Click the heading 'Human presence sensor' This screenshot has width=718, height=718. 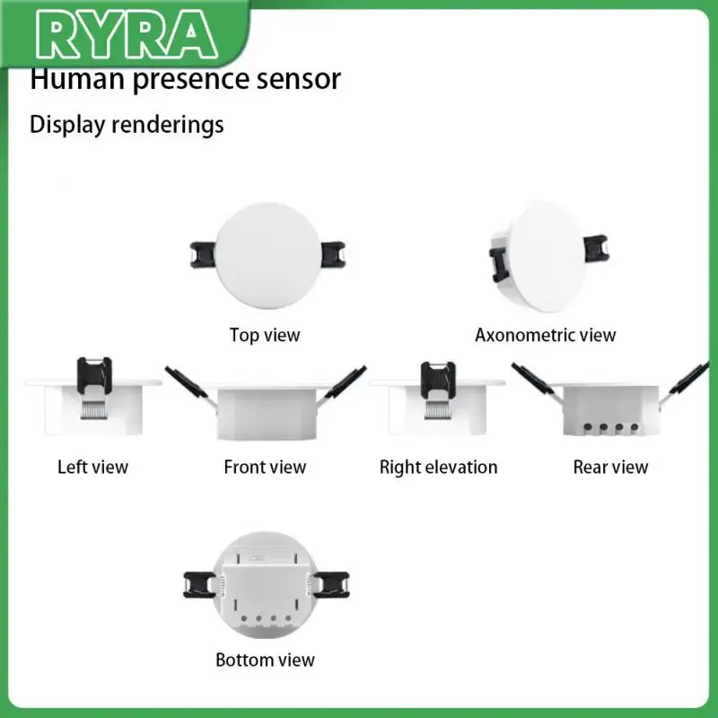(x=186, y=79)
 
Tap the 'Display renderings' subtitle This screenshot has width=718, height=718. (x=127, y=124)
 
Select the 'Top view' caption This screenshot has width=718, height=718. (x=265, y=336)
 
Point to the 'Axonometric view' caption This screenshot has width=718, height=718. (x=546, y=336)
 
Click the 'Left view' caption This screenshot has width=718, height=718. (x=92, y=467)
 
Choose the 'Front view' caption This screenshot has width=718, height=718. (x=265, y=467)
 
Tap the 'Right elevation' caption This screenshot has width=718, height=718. (x=438, y=467)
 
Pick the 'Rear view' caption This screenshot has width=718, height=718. (x=610, y=467)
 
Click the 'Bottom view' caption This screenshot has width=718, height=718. (x=265, y=661)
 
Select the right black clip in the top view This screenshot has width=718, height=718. (x=328, y=254)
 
